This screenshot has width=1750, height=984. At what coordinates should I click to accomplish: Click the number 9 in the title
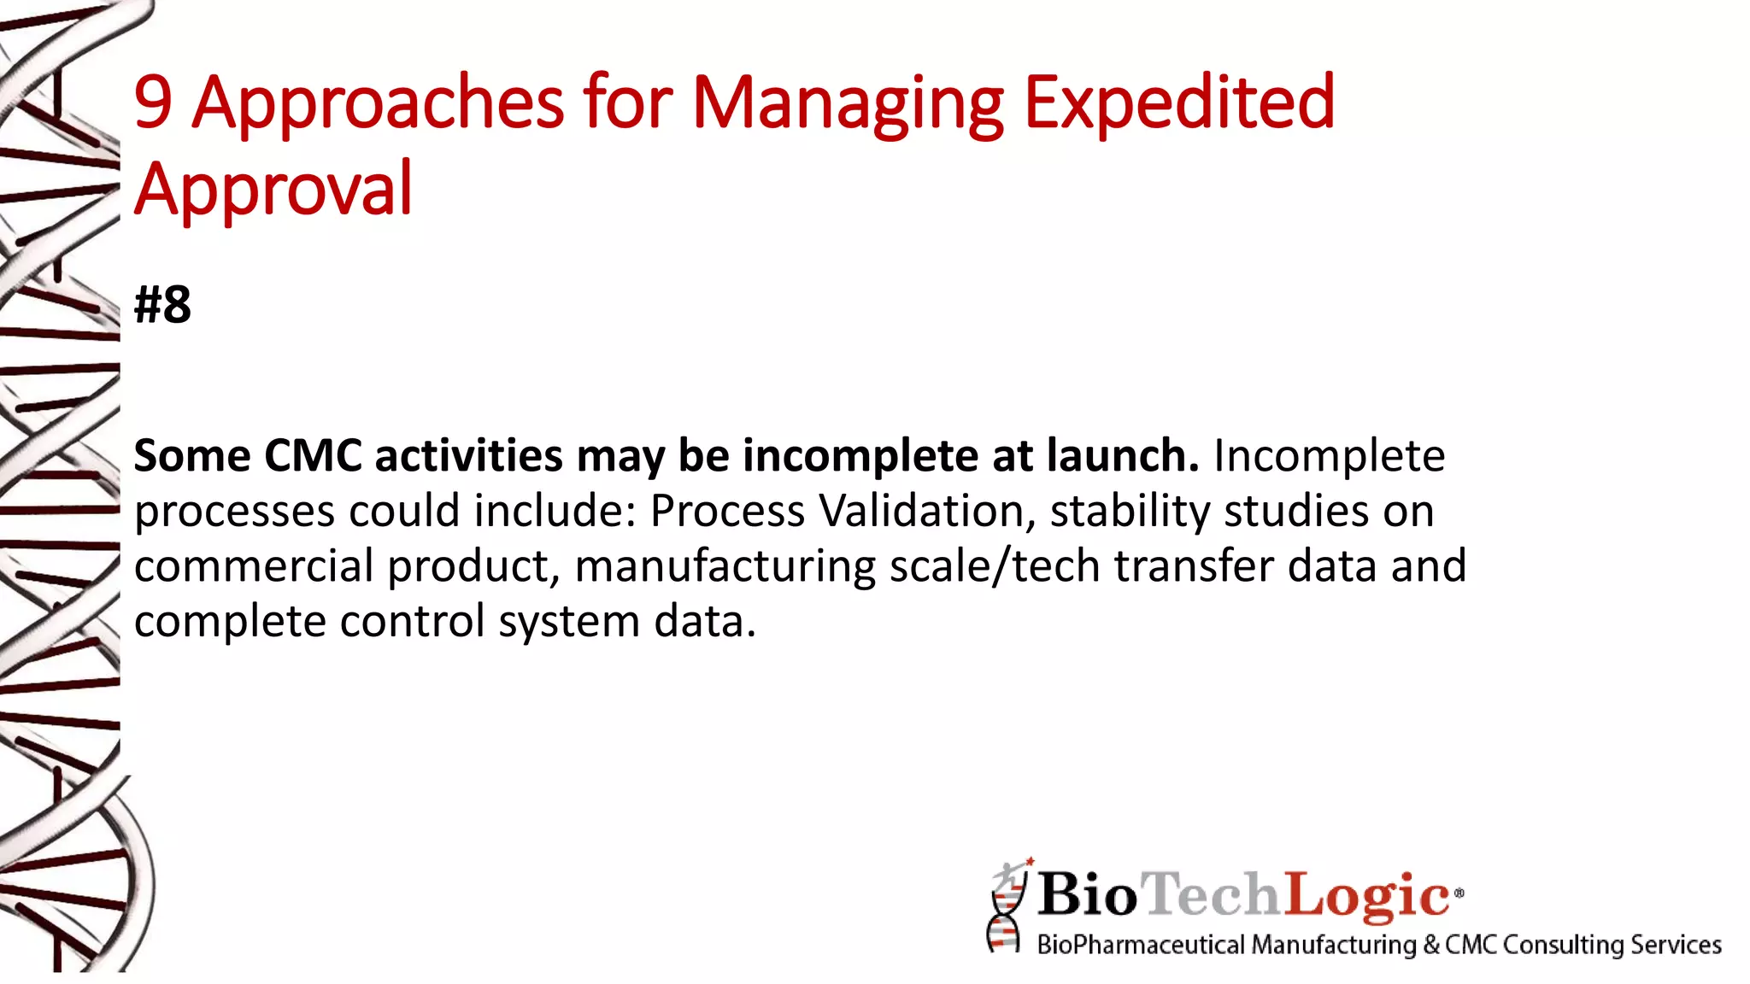(x=154, y=102)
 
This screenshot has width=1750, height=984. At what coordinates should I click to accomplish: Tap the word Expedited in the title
(x=1179, y=104)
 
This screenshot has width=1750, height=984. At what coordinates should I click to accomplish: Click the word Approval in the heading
(x=273, y=190)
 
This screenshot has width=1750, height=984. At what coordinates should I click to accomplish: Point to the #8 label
(x=162, y=305)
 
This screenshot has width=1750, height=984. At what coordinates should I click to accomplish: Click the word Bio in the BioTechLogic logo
(x=1087, y=895)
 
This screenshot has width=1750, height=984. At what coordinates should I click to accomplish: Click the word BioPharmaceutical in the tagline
(x=1140, y=945)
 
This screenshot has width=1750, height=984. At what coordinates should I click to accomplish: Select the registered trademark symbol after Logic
(x=1459, y=893)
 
